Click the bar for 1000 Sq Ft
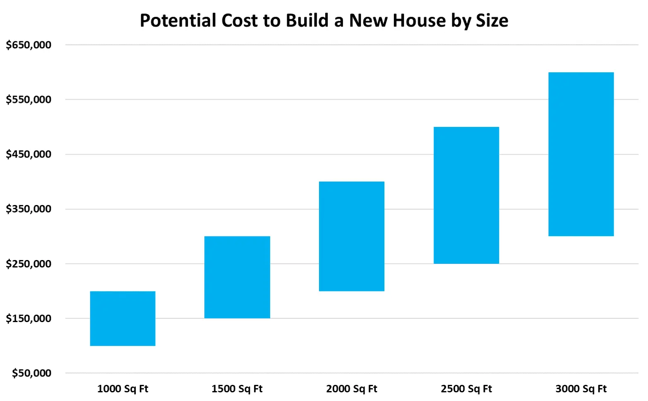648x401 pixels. pyautogui.click(x=122, y=318)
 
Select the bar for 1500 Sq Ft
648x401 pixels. pyautogui.click(x=237, y=277)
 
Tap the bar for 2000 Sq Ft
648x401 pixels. pyautogui.click(x=352, y=236)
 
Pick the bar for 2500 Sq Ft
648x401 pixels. pyautogui.click(x=466, y=195)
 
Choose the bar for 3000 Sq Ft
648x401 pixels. pyautogui.click(x=581, y=154)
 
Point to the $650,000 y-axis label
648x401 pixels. pyautogui.click(x=29, y=45)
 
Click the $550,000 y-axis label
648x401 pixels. pyautogui.click(x=29, y=100)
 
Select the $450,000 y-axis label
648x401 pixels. pyautogui.click(x=29, y=154)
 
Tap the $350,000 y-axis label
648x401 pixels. pyautogui.click(x=29, y=209)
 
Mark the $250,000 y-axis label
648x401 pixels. pyautogui.click(x=29, y=264)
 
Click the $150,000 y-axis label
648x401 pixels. pyautogui.click(x=29, y=318)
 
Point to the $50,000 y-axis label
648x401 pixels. pyautogui.click(x=31, y=373)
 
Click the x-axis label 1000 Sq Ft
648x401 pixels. pyautogui.click(x=122, y=389)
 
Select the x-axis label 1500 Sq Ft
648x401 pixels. pyautogui.click(x=237, y=389)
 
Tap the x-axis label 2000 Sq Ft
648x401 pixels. pyautogui.click(x=352, y=389)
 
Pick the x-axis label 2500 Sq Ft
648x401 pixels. pyautogui.click(x=466, y=389)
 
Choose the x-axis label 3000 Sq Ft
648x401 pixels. pyautogui.click(x=581, y=389)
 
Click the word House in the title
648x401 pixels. pyautogui.click(x=419, y=21)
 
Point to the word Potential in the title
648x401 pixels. pyautogui.click(x=178, y=21)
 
